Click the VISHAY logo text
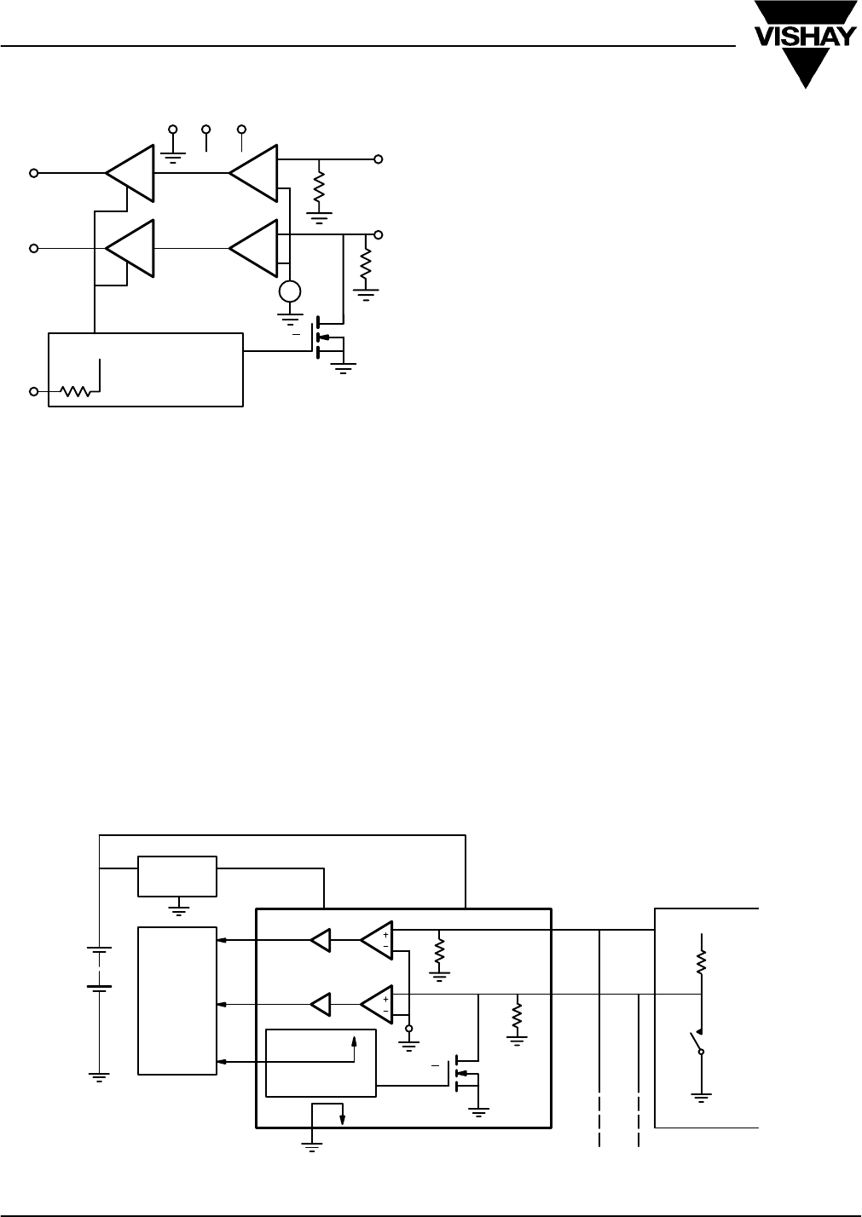(x=805, y=37)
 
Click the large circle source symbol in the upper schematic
(x=290, y=291)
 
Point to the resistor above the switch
(x=702, y=961)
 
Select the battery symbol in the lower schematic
(x=99, y=970)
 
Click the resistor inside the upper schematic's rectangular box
(x=75, y=391)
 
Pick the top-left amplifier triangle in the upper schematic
(x=130, y=173)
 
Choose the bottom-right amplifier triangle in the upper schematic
(x=253, y=248)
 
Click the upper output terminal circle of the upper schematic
(x=379, y=159)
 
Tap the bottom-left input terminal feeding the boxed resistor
(x=34, y=391)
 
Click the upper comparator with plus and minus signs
(x=377, y=941)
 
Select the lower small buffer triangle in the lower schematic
(x=320, y=1005)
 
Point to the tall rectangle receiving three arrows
(x=177, y=1001)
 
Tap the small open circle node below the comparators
(x=408, y=1029)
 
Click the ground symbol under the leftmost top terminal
(x=173, y=159)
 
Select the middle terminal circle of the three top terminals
(x=206, y=130)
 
